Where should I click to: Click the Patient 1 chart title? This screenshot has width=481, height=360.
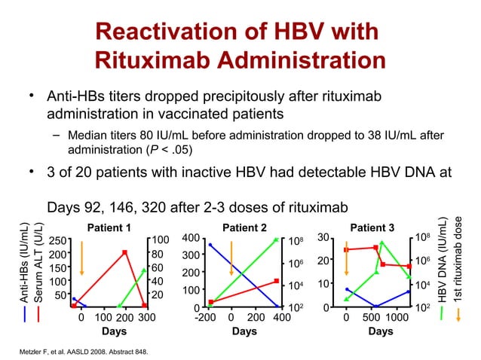click(109, 227)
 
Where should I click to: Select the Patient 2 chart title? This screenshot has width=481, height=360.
click(244, 227)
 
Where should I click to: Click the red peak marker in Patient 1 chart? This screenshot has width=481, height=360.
click(124, 252)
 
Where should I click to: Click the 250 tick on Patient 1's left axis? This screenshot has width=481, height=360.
click(56, 240)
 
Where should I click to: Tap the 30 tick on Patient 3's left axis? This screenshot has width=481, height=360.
click(323, 238)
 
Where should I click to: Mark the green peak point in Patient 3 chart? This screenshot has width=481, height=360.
click(382, 243)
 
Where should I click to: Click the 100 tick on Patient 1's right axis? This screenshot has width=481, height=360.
click(164, 239)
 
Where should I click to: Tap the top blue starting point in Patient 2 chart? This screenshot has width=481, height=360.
click(210, 245)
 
